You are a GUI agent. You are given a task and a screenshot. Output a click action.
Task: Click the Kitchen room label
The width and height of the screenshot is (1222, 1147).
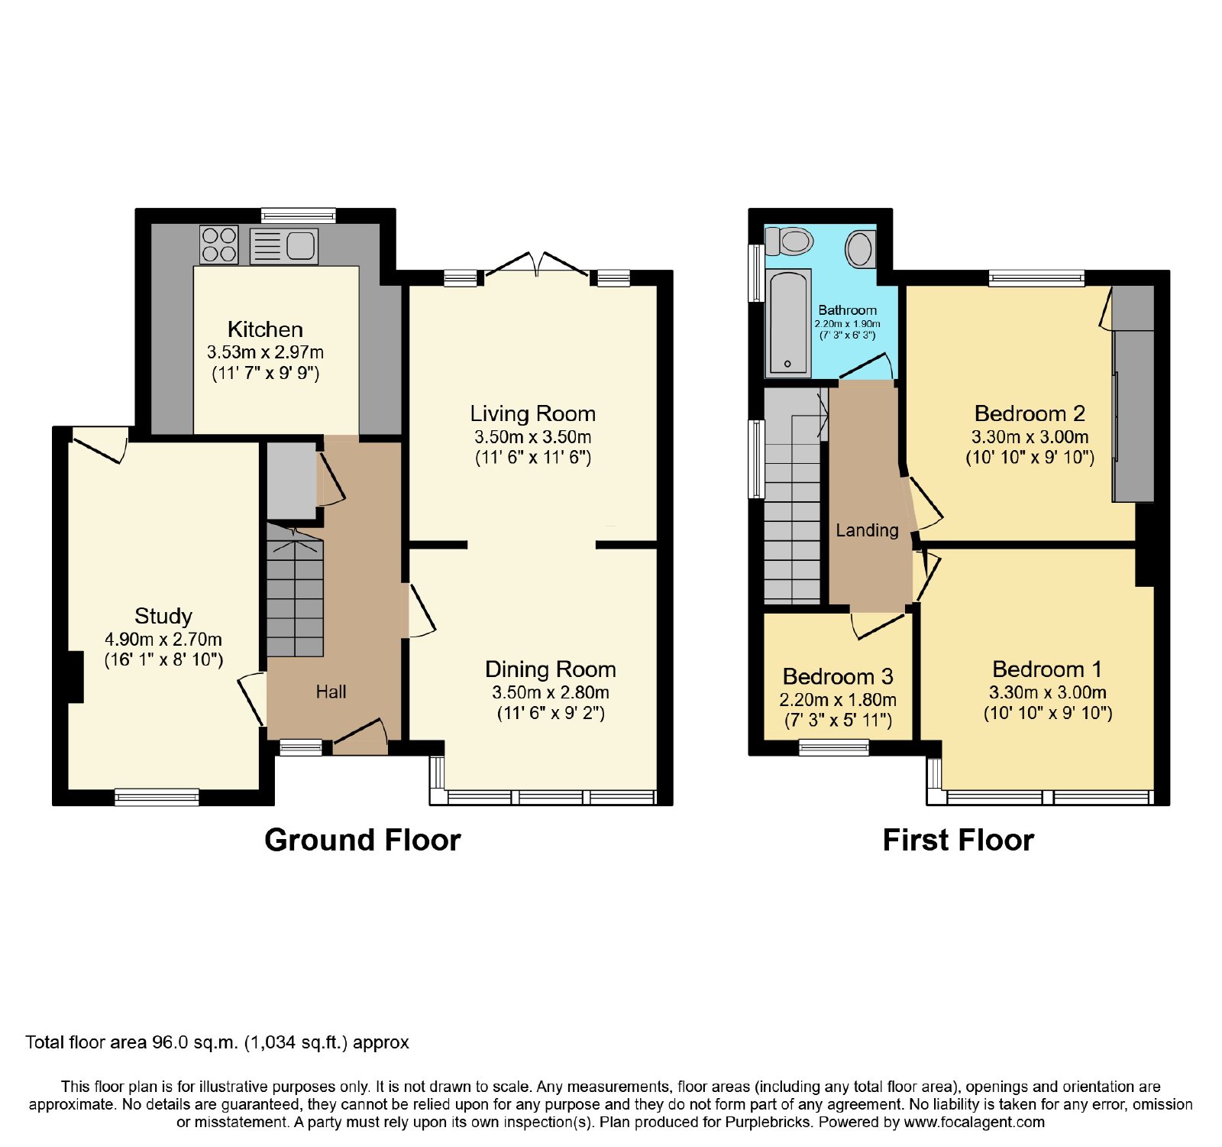[x=265, y=329]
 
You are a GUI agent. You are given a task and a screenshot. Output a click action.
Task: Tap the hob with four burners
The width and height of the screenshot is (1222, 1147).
[x=219, y=245]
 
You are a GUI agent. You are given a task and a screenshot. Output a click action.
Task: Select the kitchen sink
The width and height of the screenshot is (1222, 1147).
[x=284, y=246]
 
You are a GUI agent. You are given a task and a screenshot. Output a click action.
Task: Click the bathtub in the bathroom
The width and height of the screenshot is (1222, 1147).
[x=788, y=322]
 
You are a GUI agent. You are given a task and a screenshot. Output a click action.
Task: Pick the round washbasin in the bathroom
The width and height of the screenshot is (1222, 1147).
[x=860, y=248]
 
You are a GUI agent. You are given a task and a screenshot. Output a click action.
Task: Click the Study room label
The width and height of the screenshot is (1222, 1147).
[x=163, y=616]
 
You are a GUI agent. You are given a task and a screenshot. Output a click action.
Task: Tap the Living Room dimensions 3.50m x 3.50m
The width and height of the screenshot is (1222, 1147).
[x=533, y=437]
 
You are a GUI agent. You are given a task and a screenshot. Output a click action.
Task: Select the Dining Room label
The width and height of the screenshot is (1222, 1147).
[x=551, y=669]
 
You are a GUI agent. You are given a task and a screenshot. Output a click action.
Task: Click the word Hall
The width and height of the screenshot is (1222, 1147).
[x=331, y=692]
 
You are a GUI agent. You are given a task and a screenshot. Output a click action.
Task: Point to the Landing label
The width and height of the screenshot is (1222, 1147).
[x=867, y=530]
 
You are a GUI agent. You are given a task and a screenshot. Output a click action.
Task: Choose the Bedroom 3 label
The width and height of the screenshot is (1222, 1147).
[x=838, y=676]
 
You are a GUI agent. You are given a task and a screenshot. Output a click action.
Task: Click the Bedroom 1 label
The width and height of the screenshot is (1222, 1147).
[x=1047, y=669]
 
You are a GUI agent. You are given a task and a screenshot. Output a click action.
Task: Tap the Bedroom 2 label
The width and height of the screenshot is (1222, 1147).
[x=1030, y=413]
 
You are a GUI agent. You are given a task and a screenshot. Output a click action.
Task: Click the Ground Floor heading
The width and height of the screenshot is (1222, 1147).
[x=363, y=840]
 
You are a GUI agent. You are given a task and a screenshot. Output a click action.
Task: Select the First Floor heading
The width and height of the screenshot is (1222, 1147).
[x=959, y=840]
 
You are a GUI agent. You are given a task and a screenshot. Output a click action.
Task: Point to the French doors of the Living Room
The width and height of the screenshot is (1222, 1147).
[x=537, y=264]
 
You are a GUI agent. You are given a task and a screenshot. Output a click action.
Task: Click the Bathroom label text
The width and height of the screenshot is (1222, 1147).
[x=847, y=310]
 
